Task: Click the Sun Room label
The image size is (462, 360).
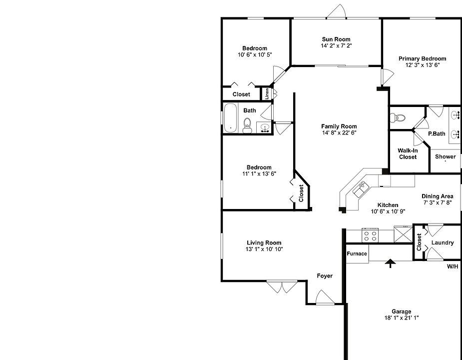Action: coord(336,39)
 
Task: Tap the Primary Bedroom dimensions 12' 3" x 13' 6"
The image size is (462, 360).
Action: coord(422,65)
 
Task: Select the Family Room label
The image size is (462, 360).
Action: coord(339,126)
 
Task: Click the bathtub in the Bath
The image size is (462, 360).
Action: coord(230,118)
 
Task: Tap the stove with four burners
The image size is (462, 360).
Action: coord(370,234)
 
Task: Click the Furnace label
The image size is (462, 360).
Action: coord(357,253)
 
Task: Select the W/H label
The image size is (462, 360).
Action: coord(452,266)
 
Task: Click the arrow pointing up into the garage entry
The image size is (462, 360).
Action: coord(390,263)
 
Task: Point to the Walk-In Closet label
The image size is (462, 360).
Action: coord(408,153)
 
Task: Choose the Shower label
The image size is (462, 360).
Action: coord(445,156)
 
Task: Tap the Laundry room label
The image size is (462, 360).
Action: coord(443,243)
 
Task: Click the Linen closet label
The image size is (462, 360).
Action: coord(267,93)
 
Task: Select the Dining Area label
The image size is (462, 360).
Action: coord(438,196)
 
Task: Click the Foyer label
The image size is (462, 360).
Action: coord(325,275)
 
